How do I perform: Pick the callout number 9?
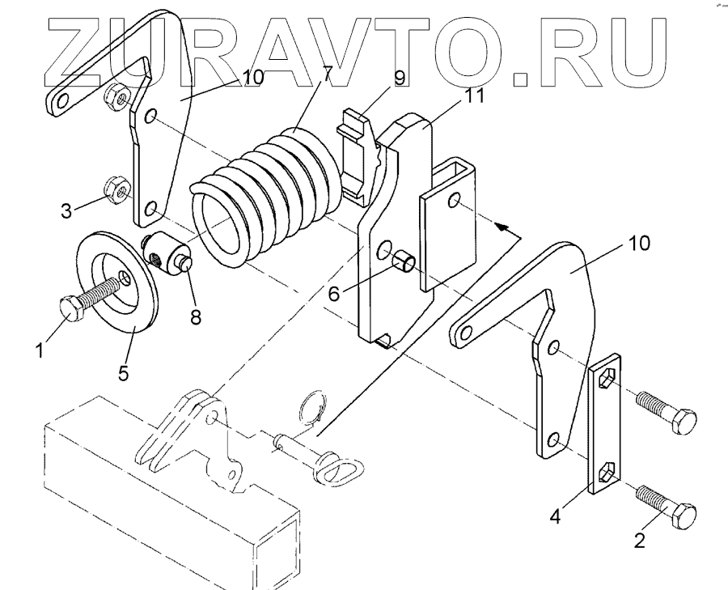click(399, 79)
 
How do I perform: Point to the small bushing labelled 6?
click(405, 263)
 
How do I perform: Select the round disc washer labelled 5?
click(117, 283)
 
